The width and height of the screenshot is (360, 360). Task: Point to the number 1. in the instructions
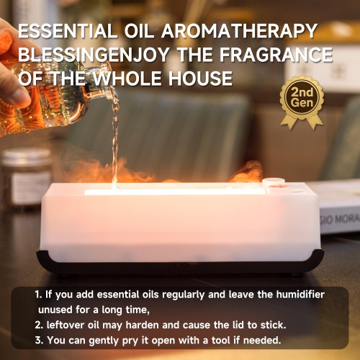[38, 295]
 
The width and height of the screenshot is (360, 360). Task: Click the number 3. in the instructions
[38, 340]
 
